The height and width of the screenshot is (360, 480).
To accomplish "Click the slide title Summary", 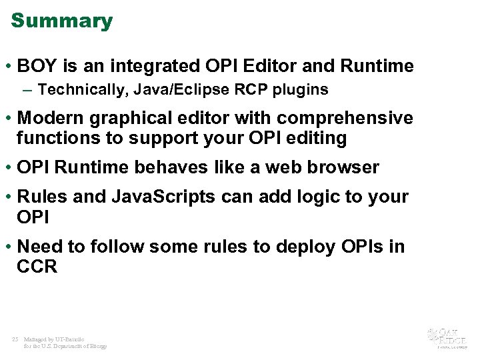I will pos(62,21).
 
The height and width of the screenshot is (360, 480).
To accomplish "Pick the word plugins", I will pos(303,89).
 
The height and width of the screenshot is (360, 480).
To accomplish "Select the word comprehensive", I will pos(345,118).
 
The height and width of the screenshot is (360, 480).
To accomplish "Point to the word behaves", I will pos(164,167).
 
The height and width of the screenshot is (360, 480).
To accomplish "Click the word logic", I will pos(314,197).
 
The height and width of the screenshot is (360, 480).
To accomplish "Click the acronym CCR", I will pos(37,267).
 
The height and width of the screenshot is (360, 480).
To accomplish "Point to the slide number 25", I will pos(15,339).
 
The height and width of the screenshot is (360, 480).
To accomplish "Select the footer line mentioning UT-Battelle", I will pos(53,339).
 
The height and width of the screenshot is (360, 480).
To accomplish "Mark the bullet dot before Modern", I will pos(9,119).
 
